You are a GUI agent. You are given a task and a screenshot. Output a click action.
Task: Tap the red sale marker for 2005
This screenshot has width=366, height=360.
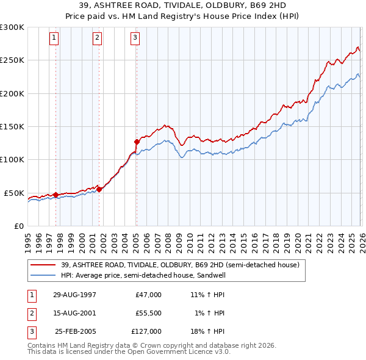point(137,142)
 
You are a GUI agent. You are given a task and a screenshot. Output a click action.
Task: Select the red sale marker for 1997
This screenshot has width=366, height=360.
point(56,195)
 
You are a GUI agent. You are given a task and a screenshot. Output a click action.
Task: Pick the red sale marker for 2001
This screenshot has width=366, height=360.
point(99,189)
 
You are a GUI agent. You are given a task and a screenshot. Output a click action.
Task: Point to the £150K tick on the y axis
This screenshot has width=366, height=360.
point(12,126)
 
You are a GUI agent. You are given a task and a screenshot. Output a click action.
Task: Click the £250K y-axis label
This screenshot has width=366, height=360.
point(12,60)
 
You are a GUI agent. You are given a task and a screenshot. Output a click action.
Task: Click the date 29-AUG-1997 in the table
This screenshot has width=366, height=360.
point(74,295)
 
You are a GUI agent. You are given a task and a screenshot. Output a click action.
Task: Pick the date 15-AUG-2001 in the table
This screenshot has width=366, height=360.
point(74,313)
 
